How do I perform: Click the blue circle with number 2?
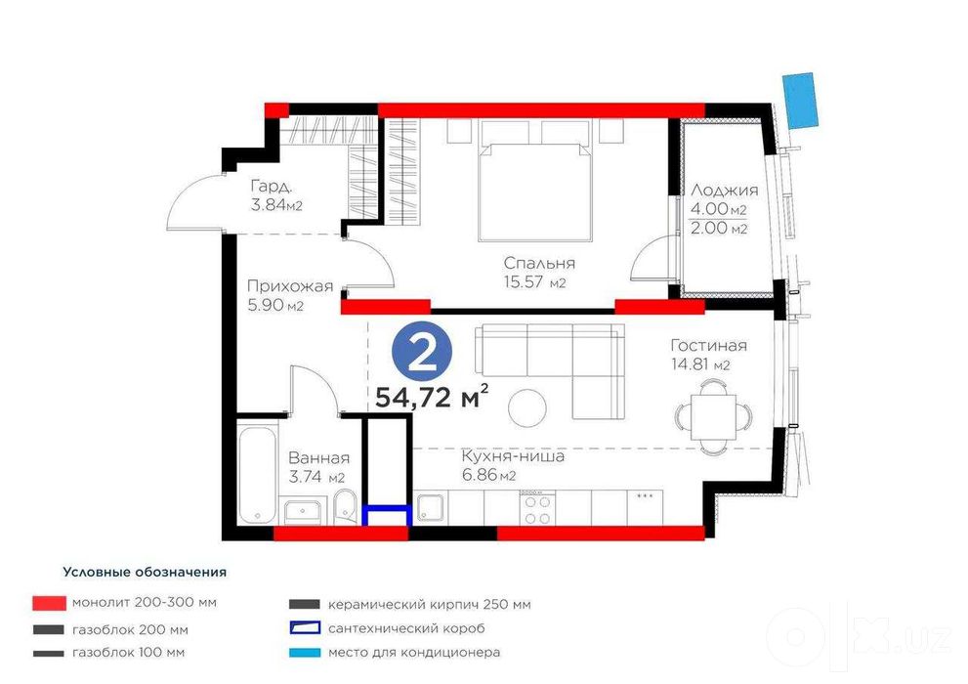point(422,353)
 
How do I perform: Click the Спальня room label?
point(539,263)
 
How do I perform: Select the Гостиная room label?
point(709,345)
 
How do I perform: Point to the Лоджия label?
point(724,191)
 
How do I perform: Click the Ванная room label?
point(319,458)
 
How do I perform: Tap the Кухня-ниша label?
point(513,457)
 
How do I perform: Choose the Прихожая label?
point(290,286)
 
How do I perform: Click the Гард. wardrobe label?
point(271,186)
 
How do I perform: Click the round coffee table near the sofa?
point(527,406)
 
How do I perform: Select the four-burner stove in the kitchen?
point(537,509)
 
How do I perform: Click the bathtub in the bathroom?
point(258,472)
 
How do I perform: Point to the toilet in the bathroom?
point(344,507)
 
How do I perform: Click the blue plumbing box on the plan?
point(387,516)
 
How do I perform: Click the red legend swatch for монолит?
point(49,603)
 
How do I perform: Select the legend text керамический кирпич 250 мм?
point(430,605)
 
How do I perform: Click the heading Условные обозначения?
point(145,573)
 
